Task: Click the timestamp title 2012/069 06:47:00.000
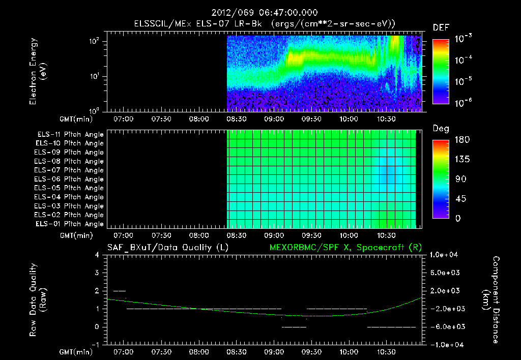tap(260, 13)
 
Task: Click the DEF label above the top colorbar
tap(440, 27)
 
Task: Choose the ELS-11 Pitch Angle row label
tap(70, 135)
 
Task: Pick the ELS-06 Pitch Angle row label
tap(70, 179)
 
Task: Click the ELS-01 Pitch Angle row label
tap(70, 224)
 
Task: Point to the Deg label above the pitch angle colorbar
tap(441, 129)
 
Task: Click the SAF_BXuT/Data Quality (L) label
tap(167, 247)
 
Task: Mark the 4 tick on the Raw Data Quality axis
tap(97, 255)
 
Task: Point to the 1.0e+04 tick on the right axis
tap(445, 255)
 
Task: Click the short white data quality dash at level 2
tap(120, 291)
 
